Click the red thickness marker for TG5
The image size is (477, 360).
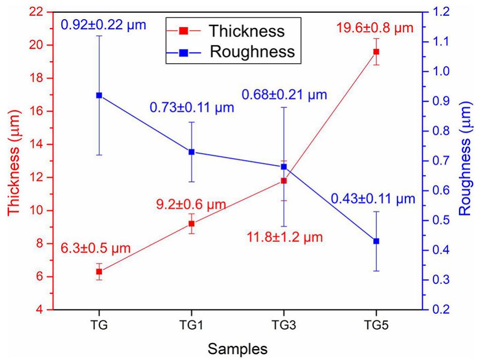point(376,51)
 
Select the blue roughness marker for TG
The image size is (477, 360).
point(99,95)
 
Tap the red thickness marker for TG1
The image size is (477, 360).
point(192,224)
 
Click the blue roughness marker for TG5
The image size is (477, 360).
point(376,241)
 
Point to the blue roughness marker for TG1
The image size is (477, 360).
point(192,152)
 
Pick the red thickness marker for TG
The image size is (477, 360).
point(99,272)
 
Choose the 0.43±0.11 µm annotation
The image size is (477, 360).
point(373,199)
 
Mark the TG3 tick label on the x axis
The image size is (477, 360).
point(284,326)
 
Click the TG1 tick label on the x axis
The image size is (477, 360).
point(192,326)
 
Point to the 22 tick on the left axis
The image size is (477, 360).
point(40,12)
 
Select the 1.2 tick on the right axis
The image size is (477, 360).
point(440,12)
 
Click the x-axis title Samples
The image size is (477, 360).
point(238,349)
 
